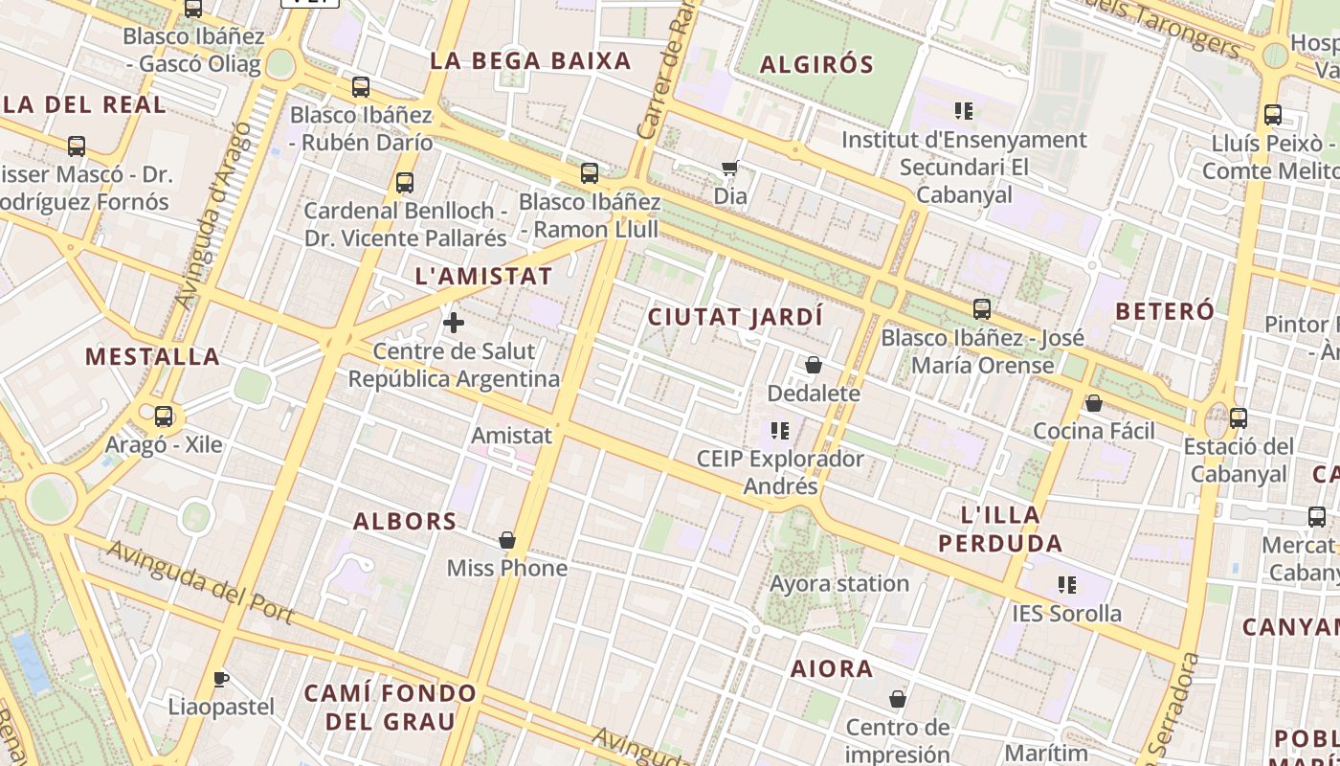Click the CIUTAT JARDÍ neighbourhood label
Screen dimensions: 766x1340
pyautogui.click(x=735, y=317)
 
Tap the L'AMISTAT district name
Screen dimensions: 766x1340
pyautogui.click(x=483, y=277)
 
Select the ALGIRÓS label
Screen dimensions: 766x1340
pyautogui.click(x=816, y=65)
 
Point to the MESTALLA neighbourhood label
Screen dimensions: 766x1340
pyautogui.click(x=153, y=357)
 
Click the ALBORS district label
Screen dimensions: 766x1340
pyautogui.click(x=405, y=522)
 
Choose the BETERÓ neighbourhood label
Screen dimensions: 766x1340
pyautogui.click(x=1165, y=311)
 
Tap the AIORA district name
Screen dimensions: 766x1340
pyautogui.click(x=832, y=669)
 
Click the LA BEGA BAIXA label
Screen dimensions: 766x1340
pyautogui.click(x=530, y=61)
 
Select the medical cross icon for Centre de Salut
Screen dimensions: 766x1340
pyautogui.click(x=454, y=323)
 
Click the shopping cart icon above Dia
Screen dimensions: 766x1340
pyautogui.click(x=730, y=169)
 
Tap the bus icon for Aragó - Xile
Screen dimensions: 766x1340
pyautogui.click(x=164, y=417)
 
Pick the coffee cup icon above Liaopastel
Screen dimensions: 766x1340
pyautogui.click(x=221, y=679)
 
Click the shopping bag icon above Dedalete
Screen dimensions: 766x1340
pyautogui.click(x=814, y=365)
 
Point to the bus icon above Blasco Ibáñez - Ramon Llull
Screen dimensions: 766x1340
pyautogui.click(x=590, y=173)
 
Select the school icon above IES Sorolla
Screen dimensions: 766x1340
pyautogui.click(x=1067, y=584)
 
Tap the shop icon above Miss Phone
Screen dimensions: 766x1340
pyautogui.click(x=507, y=540)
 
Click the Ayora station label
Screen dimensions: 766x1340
pyautogui.click(x=839, y=583)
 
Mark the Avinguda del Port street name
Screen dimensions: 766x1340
pyautogui.click(x=200, y=581)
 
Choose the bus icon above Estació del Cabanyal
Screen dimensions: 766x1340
pyautogui.click(x=1239, y=417)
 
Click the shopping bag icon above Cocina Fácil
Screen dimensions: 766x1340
pyautogui.click(x=1094, y=403)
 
